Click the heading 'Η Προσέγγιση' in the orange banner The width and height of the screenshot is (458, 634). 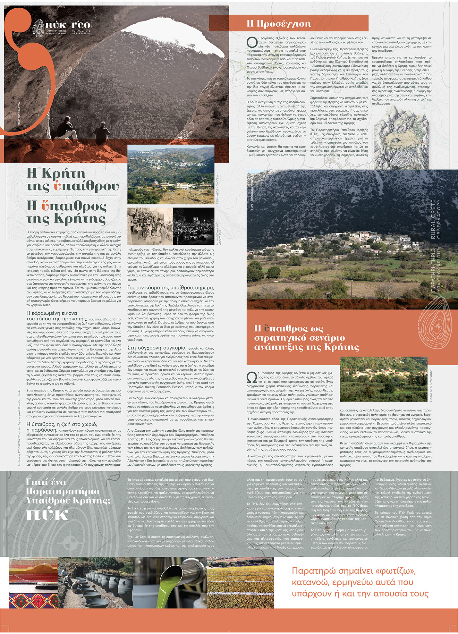[279, 23]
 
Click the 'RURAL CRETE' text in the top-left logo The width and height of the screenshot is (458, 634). [81, 31]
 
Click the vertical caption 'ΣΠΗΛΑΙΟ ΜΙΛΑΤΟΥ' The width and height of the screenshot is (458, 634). [20, 116]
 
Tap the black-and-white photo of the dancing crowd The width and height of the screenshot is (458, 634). [150, 226]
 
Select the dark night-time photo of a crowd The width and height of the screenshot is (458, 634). [193, 226]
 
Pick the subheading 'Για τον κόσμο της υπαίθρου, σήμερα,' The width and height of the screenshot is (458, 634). [170, 287]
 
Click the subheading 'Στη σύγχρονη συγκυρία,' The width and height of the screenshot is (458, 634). [157, 347]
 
